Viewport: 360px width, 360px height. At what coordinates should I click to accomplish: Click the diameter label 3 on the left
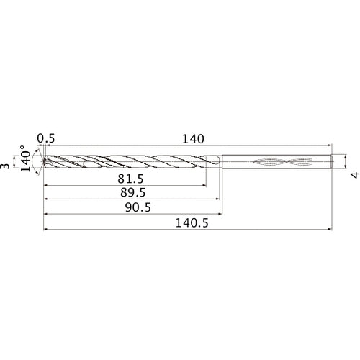pyautogui.click(x=6, y=166)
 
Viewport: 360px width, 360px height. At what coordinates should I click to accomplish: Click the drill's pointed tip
pyautogui.click(x=45, y=162)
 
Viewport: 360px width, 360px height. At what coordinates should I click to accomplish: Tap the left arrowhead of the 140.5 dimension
pyautogui.click(x=47, y=230)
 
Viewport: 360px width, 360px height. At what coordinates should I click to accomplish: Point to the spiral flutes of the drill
pyautogui.click(x=130, y=162)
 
